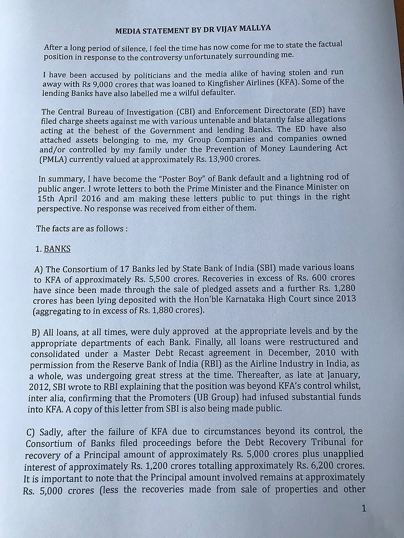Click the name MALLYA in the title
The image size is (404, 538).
click(229, 31)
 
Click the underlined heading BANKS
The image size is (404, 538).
click(57, 248)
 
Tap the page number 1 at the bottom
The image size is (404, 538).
click(363, 508)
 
